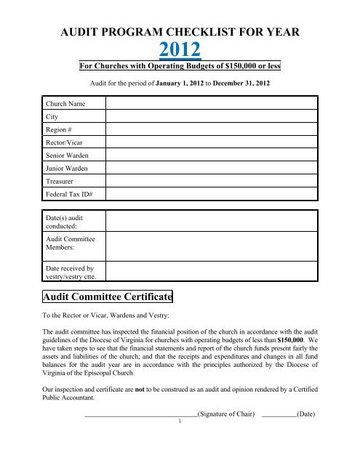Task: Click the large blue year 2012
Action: coord(180,49)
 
